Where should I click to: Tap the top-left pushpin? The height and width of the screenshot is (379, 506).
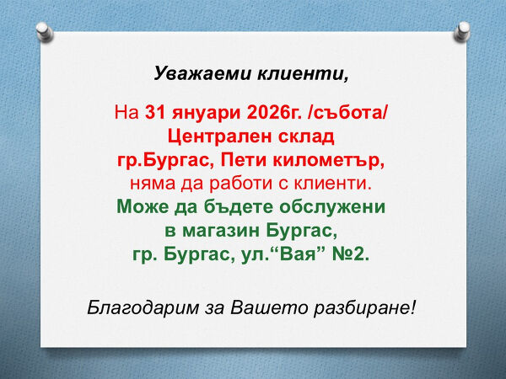(x=46, y=32)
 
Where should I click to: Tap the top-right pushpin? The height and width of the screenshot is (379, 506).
(x=461, y=31)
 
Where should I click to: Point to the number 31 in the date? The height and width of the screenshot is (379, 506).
(x=155, y=113)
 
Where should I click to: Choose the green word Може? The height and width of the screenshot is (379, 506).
(x=140, y=206)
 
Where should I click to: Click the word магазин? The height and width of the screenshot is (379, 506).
(x=229, y=229)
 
